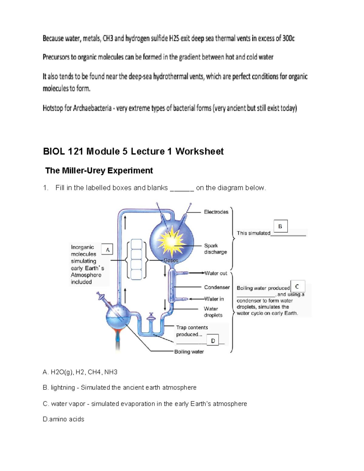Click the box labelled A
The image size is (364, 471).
[107, 250]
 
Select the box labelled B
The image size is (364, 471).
[280, 226]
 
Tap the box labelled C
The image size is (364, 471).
[297, 286]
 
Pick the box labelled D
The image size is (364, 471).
[213, 341]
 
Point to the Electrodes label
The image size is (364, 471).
[216, 212]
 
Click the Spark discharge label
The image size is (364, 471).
[215, 249]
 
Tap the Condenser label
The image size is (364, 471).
[217, 287]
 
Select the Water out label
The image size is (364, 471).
[216, 273]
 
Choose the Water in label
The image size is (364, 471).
[214, 299]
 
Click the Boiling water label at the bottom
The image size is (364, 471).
[189, 352]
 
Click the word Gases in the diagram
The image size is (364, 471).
[171, 260]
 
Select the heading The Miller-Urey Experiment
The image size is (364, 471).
[99, 170]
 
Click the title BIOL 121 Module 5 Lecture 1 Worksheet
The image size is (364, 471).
[133, 151]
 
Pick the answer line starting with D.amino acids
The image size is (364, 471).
[64, 419]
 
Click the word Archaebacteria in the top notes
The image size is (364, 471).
[92, 108]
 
